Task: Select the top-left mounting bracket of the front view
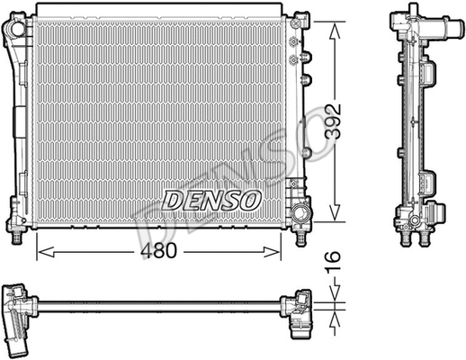click(15, 33)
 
